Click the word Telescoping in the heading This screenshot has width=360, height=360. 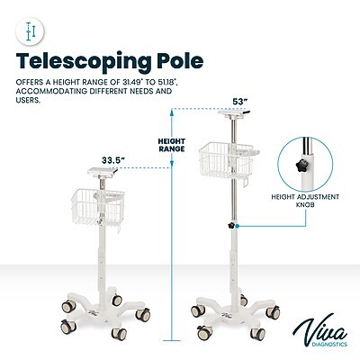pyautogui.click(x=84, y=62)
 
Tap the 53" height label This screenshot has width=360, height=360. pyautogui.click(x=240, y=102)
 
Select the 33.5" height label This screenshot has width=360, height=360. pyautogui.click(x=113, y=160)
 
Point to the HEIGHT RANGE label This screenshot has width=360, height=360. pyautogui.click(x=172, y=145)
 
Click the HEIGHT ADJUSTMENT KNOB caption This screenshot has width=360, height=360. pyautogui.click(x=305, y=201)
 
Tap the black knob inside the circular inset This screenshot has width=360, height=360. pyautogui.click(x=301, y=165)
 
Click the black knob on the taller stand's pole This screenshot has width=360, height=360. pyautogui.click(x=231, y=225)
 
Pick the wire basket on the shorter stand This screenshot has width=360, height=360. pyautogui.click(x=98, y=207)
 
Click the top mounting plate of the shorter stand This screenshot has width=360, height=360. pyautogui.click(x=103, y=171)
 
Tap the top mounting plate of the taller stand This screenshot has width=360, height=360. pyautogui.click(x=234, y=113)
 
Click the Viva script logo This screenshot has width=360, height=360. pyautogui.click(x=319, y=328)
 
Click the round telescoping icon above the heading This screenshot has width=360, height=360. pyautogui.click(x=30, y=31)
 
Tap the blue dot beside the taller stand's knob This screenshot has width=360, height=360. pyautogui.click(x=237, y=226)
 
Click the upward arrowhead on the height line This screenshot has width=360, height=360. pyautogui.click(x=172, y=112)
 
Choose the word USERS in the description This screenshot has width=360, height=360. pyautogui.click(x=28, y=100)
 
